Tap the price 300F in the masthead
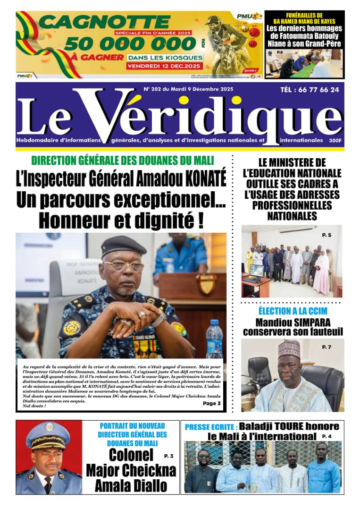point(335,140)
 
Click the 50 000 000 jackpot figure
point(130,43)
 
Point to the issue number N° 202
point(156,88)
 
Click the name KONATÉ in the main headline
point(203,179)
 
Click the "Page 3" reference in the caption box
point(211,403)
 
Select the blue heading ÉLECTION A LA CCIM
point(293,311)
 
